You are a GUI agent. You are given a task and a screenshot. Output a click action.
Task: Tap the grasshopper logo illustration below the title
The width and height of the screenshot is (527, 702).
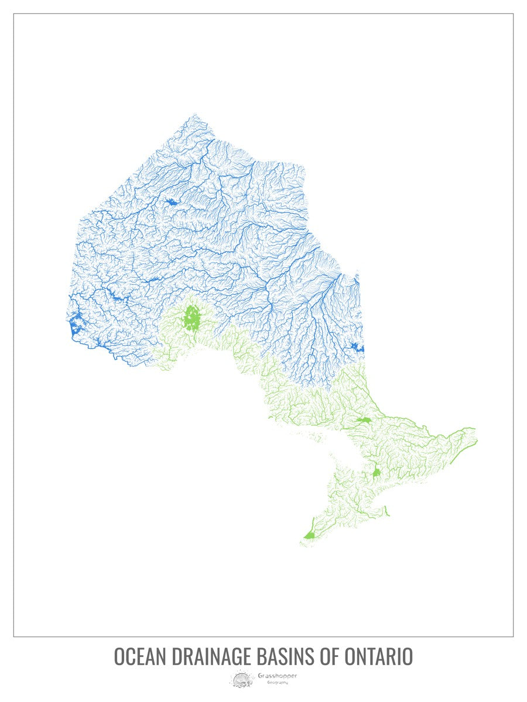(241, 679)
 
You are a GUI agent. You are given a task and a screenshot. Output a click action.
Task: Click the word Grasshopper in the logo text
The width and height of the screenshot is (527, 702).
(277, 676)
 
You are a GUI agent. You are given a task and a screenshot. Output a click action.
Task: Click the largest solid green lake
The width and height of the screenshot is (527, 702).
(191, 318)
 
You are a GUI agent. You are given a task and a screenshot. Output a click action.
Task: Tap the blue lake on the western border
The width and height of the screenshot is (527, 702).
(75, 325)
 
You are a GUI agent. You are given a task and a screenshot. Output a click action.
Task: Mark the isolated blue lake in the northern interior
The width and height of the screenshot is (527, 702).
(171, 202)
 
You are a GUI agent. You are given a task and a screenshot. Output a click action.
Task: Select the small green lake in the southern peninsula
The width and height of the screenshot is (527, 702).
(377, 472)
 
